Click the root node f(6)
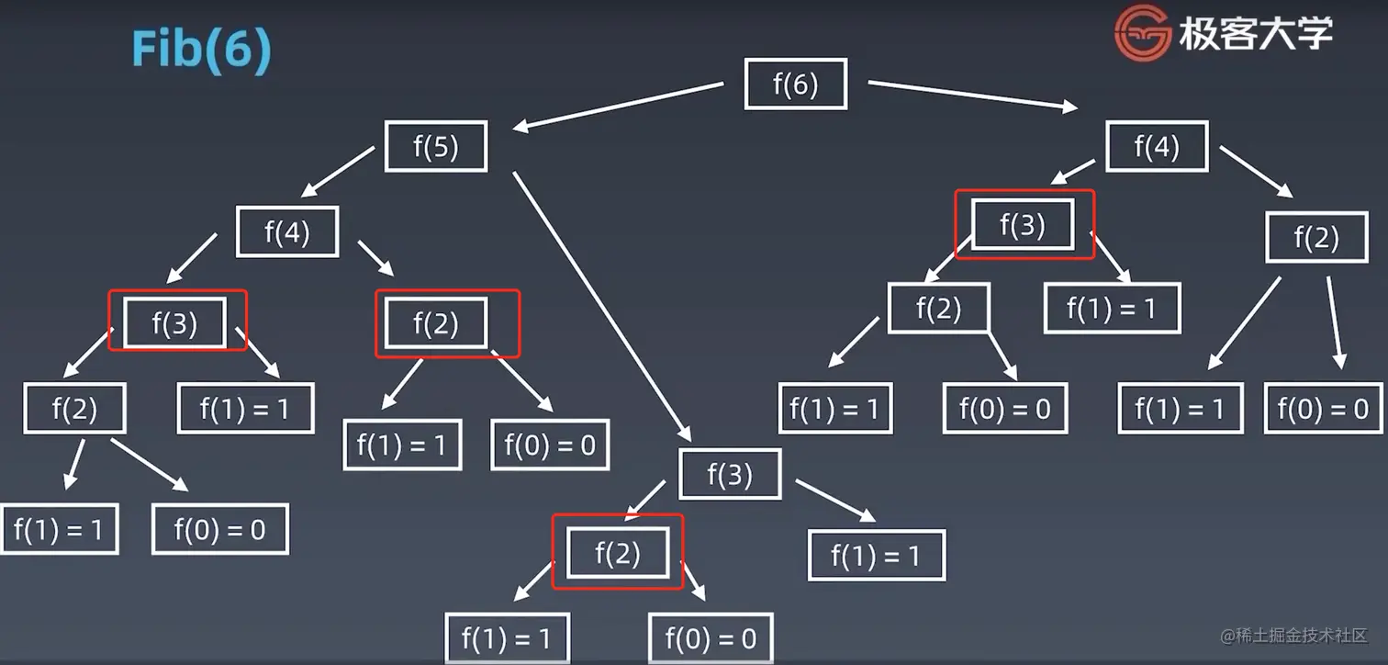(795, 85)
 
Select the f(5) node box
(435, 146)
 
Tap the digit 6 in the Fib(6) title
(233, 51)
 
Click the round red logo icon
(1143, 35)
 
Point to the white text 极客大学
(1255, 35)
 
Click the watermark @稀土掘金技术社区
(1293, 636)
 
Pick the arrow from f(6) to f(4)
(973, 96)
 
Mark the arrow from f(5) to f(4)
(335, 175)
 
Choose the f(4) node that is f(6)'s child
(1156, 146)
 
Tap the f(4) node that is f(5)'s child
(287, 231)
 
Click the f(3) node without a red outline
(729, 474)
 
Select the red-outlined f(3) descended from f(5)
(174, 322)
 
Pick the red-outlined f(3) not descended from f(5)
(1023, 224)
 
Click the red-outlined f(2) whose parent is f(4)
(435, 323)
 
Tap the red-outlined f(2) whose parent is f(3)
(617, 553)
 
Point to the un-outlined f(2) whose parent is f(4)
(1316, 237)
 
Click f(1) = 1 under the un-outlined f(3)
(876, 555)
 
